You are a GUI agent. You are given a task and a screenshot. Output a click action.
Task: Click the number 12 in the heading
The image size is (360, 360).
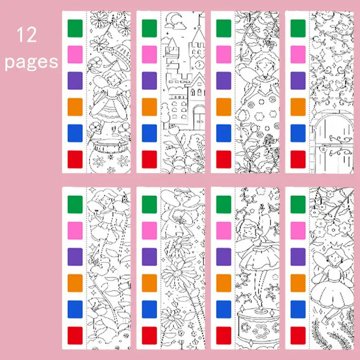(x=27, y=35)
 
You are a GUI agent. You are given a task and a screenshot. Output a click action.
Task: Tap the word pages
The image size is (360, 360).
(x=31, y=62)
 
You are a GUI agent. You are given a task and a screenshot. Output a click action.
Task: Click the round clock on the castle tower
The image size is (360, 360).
(x=199, y=64)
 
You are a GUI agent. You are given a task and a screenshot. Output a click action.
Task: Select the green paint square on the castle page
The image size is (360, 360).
(x=149, y=28)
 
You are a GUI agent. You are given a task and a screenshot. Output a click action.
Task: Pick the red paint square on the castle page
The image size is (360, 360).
(x=149, y=159)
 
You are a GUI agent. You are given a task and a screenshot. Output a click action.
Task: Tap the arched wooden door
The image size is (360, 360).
(x=334, y=144)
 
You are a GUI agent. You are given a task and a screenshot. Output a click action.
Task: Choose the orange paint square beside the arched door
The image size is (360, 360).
(x=298, y=107)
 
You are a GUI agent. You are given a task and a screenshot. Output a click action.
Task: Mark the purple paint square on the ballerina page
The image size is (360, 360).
(x=224, y=256)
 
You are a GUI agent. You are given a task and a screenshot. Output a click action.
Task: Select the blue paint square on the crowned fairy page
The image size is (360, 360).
(x=298, y=309)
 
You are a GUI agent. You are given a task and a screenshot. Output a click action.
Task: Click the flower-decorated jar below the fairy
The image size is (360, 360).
(x=109, y=156)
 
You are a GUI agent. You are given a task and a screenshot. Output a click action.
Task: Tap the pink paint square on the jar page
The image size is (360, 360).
(x=75, y=54)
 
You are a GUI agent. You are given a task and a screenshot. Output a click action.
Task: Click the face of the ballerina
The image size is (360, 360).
(x=249, y=231)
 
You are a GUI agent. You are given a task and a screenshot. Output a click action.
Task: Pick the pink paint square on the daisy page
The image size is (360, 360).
(x=149, y=230)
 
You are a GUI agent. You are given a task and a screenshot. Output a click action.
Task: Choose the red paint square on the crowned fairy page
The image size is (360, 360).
(x=298, y=335)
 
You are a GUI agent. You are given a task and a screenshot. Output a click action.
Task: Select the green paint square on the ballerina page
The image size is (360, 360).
(x=224, y=204)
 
